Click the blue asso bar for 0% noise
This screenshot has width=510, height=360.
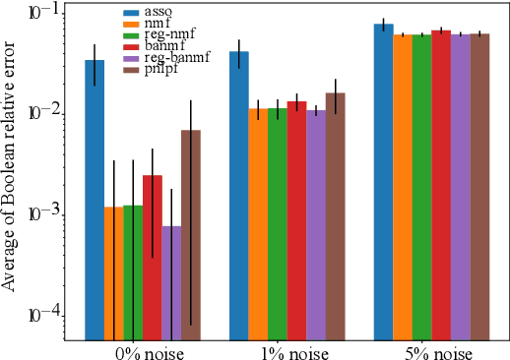point(94,197)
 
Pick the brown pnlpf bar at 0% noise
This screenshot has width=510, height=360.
point(190,236)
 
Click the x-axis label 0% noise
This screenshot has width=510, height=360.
point(142,350)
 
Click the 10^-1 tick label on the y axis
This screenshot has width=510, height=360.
point(44,13)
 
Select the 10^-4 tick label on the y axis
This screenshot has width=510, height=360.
point(44,315)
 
